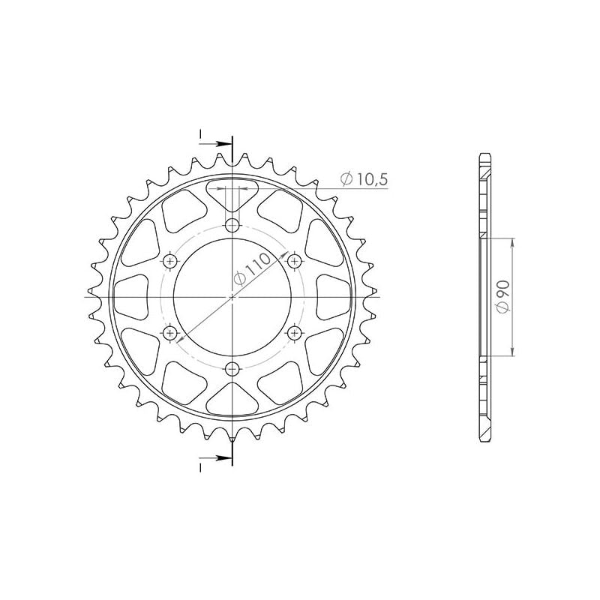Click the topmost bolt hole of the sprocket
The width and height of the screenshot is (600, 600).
232,226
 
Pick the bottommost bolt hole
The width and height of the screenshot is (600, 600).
232,367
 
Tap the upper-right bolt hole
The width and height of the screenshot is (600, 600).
294,260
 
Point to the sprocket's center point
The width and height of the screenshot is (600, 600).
232,297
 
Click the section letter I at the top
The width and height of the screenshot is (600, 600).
200,136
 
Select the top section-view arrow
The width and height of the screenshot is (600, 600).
222,142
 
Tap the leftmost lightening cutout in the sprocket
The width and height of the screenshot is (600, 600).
132,297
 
